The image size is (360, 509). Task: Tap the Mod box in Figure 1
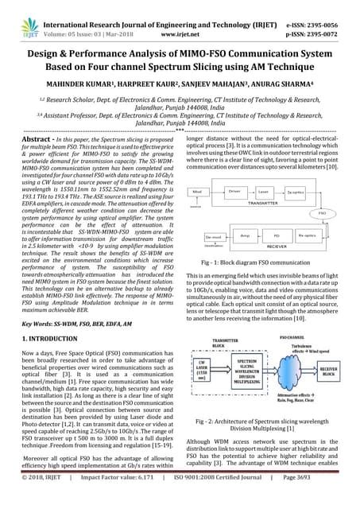[199, 170]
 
